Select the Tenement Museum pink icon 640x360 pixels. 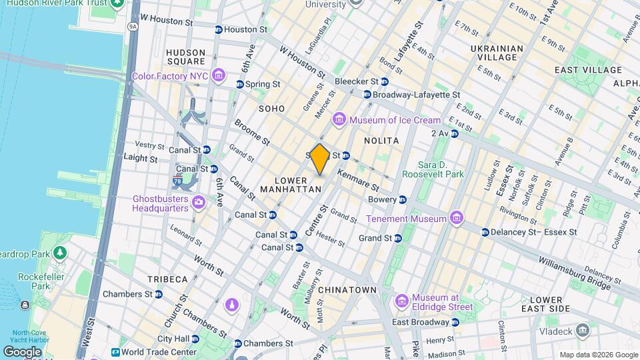pyautogui.click(x=456, y=218)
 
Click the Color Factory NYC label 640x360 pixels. pyautogui.click(x=170, y=76)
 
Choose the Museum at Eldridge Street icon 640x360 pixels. pyautogui.click(x=401, y=302)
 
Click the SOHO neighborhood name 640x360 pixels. pyautogui.click(x=271, y=109)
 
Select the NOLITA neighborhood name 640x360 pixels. pyautogui.click(x=381, y=141)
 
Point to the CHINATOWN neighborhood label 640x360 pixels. pyautogui.click(x=347, y=290)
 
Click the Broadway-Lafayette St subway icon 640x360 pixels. pyautogui.click(x=367, y=95)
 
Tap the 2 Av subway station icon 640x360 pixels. pyautogui.click(x=454, y=133)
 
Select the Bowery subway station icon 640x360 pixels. pyautogui.click(x=403, y=199)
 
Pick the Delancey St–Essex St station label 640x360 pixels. pyautogui.click(x=533, y=232)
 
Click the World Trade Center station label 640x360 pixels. pyautogui.click(x=159, y=352)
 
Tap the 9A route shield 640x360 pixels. pyautogui.click(x=133, y=27)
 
